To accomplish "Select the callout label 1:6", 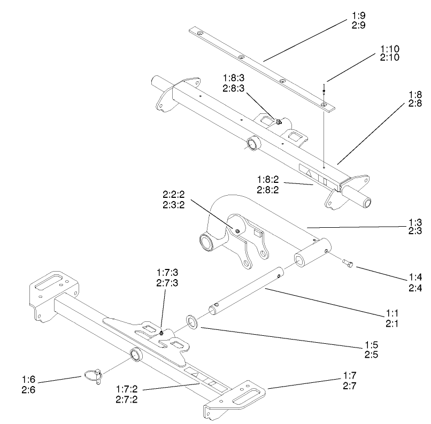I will coord(29,379).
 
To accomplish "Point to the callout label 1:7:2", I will coord(127,391).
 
